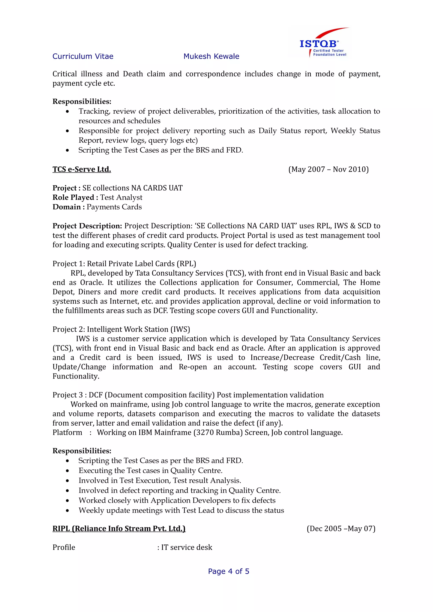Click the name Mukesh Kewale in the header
click(211, 56)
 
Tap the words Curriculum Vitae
click(83, 56)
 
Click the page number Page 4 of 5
click(228, 571)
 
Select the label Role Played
click(73, 197)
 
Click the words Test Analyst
click(121, 197)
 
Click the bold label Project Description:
click(87, 226)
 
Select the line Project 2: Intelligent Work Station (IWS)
click(121, 329)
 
